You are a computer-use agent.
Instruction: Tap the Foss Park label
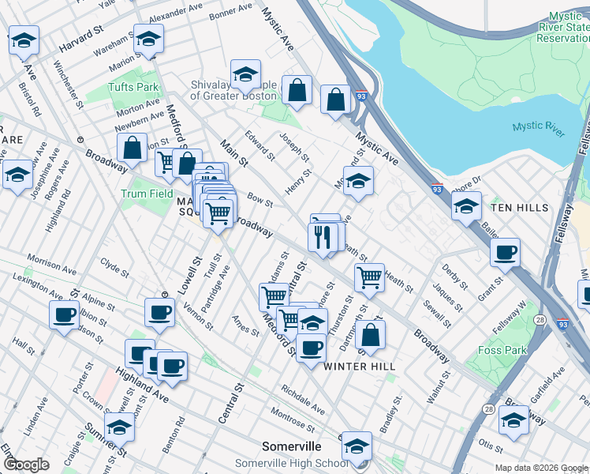502,350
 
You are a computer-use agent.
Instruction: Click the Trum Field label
147,194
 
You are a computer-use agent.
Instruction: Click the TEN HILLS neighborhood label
519,207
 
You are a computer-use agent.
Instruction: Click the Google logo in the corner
27,465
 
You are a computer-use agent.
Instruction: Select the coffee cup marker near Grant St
505,254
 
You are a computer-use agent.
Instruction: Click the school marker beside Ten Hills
466,206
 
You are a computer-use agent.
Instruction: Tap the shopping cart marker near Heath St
368,277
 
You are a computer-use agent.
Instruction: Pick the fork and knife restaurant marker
322,236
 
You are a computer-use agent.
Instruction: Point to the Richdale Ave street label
303,400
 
